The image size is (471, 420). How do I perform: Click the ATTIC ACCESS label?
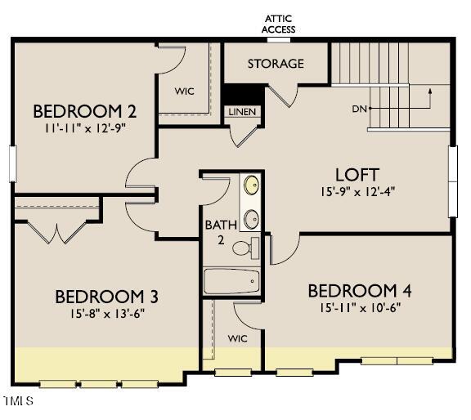pyautogui.click(x=278, y=24)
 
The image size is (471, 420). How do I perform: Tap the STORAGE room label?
pyautogui.click(x=276, y=64)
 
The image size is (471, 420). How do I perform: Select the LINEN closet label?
pyautogui.click(x=240, y=112)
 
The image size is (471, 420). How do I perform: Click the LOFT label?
pyautogui.click(x=357, y=174)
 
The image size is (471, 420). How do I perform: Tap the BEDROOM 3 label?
pyautogui.click(x=106, y=296)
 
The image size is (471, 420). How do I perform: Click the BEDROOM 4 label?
pyautogui.click(x=359, y=291)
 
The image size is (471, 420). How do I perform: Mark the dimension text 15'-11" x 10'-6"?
pyautogui.click(x=360, y=307)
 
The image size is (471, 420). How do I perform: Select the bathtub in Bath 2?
pyautogui.click(x=232, y=282)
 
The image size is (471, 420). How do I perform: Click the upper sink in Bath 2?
pyautogui.click(x=252, y=185)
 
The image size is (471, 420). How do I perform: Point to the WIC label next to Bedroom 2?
pyautogui.click(x=185, y=92)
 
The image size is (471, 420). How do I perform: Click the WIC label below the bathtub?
pyautogui.click(x=237, y=337)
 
